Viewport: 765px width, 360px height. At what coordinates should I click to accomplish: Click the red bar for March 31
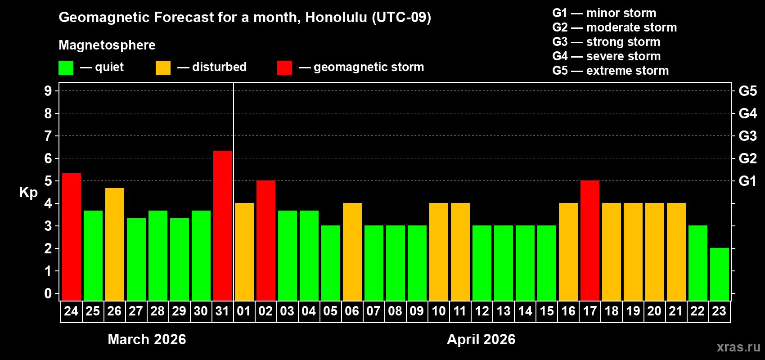[223, 225]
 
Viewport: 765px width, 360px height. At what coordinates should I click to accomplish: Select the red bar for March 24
[72, 236]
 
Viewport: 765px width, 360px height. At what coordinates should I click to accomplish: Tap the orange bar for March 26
[115, 244]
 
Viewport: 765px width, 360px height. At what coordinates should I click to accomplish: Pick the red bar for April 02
[266, 240]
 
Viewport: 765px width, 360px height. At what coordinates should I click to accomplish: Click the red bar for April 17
[590, 240]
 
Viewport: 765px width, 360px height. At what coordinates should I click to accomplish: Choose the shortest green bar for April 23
[720, 274]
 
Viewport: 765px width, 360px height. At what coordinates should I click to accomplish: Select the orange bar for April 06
[352, 252]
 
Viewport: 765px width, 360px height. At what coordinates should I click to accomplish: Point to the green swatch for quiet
[66, 68]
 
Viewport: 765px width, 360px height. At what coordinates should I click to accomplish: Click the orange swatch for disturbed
[163, 68]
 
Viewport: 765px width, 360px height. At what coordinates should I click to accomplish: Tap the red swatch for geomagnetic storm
[284, 68]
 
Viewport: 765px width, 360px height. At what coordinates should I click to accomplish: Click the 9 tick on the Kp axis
[48, 91]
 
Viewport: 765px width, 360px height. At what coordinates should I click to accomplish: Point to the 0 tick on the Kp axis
[48, 294]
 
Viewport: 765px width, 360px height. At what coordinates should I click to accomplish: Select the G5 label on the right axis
[747, 91]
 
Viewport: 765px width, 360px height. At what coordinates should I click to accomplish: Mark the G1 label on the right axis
[747, 181]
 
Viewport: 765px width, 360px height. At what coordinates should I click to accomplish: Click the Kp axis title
[28, 192]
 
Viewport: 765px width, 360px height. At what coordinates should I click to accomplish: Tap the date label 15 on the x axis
[547, 311]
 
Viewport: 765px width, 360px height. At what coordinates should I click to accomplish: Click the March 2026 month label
[147, 339]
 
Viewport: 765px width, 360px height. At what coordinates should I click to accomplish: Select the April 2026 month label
[481, 339]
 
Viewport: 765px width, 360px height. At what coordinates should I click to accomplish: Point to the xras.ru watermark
[738, 347]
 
